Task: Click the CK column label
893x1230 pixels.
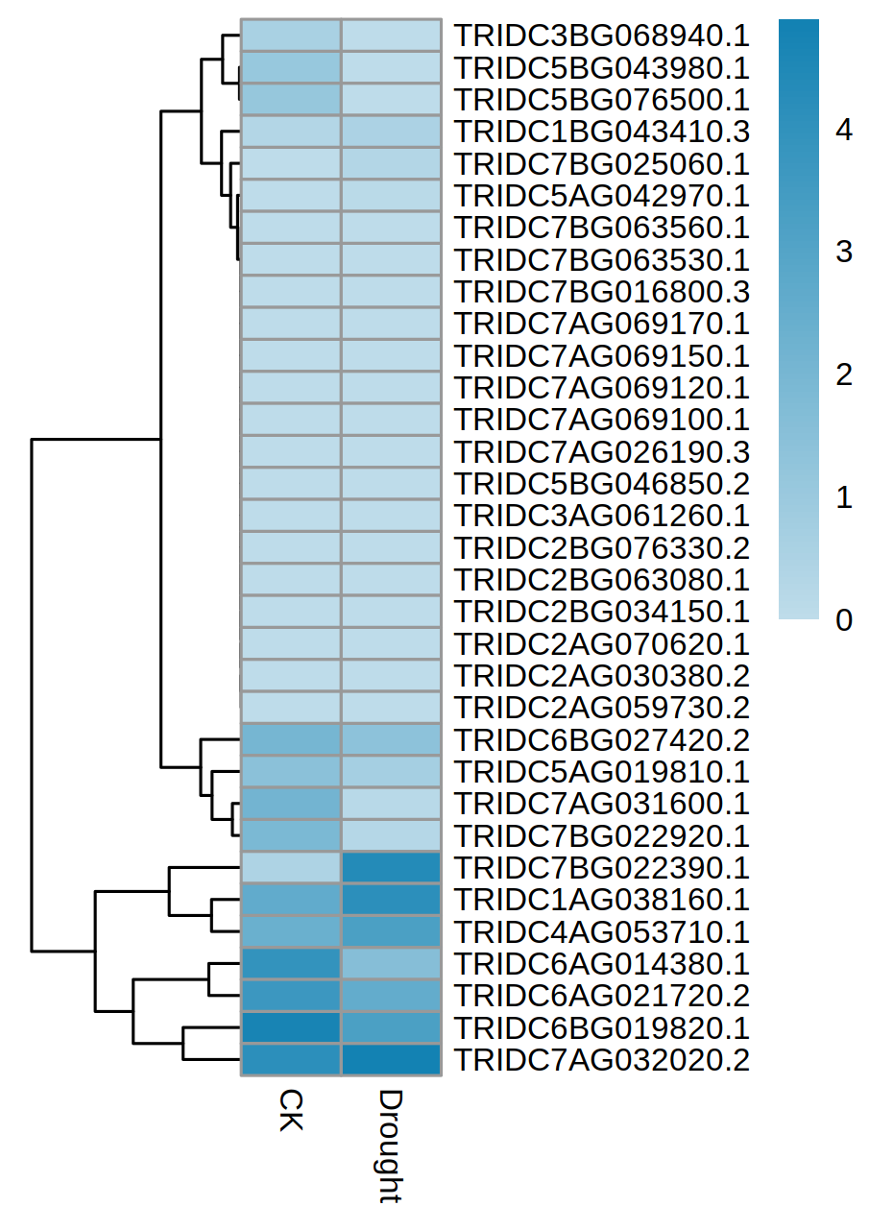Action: click(290, 1110)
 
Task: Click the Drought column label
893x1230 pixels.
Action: click(390, 1146)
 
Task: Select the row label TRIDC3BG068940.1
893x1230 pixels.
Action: click(601, 36)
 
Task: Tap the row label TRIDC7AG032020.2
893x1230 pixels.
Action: click(601, 1060)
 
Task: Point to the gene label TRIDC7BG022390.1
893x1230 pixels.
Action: click(601, 868)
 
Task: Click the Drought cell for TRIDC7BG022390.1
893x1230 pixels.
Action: click(391, 868)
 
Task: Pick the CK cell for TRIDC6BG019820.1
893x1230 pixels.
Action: click(291, 1028)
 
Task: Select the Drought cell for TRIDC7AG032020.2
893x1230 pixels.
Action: click(391, 1060)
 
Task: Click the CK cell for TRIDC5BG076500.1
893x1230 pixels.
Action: click(291, 100)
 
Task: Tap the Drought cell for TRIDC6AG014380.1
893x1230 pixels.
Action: click(391, 964)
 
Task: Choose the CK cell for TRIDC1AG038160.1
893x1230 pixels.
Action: click(291, 900)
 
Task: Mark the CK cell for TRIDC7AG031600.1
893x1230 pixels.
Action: click(291, 804)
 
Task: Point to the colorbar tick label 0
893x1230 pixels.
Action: click(845, 620)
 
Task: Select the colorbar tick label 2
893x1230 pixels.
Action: click(845, 374)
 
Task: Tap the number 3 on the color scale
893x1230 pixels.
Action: click(845, 253)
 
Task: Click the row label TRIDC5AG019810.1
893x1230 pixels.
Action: click(601, 772)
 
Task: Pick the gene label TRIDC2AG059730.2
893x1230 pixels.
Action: click(601, 708)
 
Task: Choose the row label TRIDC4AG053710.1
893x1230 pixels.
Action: click(601, 932)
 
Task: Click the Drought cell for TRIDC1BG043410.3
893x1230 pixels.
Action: click(391, 132)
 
